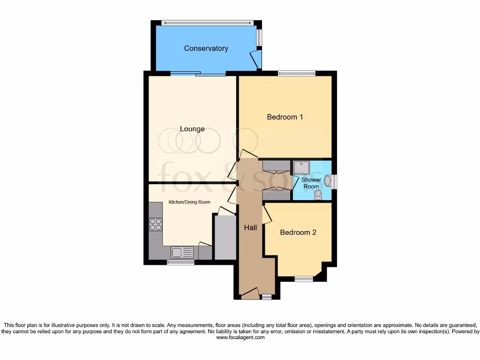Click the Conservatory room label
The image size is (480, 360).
(206, 48)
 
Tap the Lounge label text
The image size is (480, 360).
(192, 129)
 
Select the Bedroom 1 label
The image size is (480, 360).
(285, 117)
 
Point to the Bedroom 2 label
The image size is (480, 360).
(298, 232)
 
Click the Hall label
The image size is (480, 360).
(250, 228)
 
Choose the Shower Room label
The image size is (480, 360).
(311, 183)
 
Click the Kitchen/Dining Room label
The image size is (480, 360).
(189, 202)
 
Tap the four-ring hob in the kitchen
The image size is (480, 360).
(156, 225)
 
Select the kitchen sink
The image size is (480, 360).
(182, 253)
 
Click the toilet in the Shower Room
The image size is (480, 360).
(318, 194)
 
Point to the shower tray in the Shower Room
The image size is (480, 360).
(301, 168)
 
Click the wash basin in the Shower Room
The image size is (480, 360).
(328, 181)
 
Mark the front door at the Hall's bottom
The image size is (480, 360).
(250, 294)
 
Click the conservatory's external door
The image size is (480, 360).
(255, 60)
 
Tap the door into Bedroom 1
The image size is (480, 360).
(248, 154)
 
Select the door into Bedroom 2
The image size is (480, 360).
(266, 215)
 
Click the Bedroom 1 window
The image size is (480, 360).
(296, 73)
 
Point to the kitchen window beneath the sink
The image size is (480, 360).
(180, 262)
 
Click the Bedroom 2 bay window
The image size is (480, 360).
(304, 279)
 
